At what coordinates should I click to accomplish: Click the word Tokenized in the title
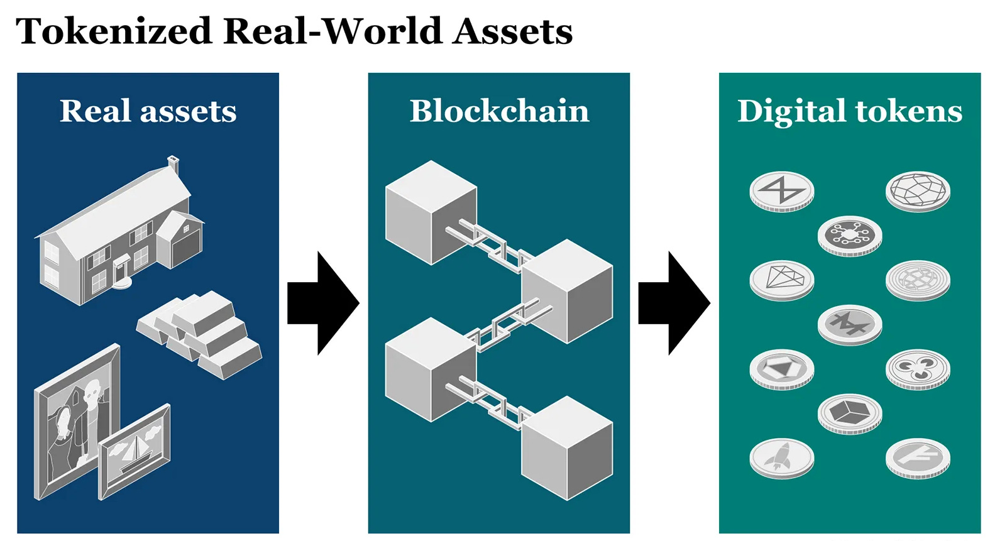[x=114, y=31]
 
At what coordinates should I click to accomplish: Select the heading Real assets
[x=148, y=111]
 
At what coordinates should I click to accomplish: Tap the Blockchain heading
[x=499, y=111]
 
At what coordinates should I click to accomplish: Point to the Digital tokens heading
[x=849, y=111]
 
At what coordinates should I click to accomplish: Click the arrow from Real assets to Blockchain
[x=323, y=303]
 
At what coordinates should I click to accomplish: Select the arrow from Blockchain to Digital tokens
[x=674, y=303]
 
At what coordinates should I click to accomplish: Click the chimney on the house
[x=173, y=165]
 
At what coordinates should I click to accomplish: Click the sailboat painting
[x=134, y=451]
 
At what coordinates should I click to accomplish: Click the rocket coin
[x=781, y=457]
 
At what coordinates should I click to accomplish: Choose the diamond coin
[x=781, y=279]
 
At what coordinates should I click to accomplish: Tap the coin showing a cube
[x=850, y=413]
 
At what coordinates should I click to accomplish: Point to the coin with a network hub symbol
[x=850, y=235]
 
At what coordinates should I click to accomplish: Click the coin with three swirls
[x=918, y=368]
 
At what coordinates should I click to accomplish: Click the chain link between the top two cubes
[x=490, y=243]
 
